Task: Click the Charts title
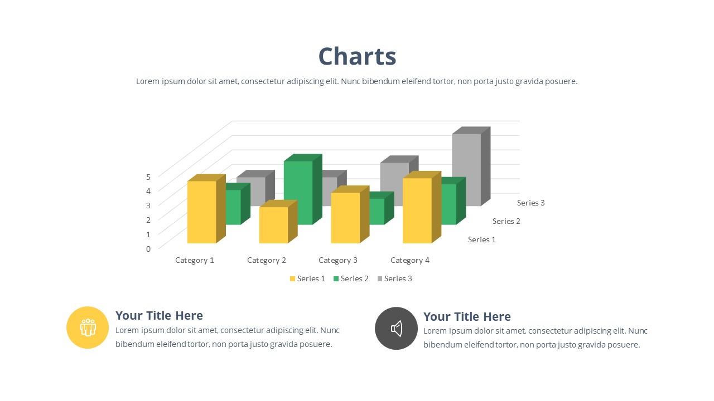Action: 357,56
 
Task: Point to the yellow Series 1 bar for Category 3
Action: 350,215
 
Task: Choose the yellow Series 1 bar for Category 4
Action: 422,208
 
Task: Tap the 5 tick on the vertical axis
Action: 148,177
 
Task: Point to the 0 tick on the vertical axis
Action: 148,249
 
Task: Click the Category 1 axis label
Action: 195,260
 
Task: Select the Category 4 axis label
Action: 410,260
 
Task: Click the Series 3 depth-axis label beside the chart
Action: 530,203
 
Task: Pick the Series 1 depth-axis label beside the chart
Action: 481,239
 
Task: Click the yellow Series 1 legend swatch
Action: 292,279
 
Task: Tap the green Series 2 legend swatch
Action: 336,279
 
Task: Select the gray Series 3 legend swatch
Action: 380,279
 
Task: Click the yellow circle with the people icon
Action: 88,327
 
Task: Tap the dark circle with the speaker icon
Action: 396,329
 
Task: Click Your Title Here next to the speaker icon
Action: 467,317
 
